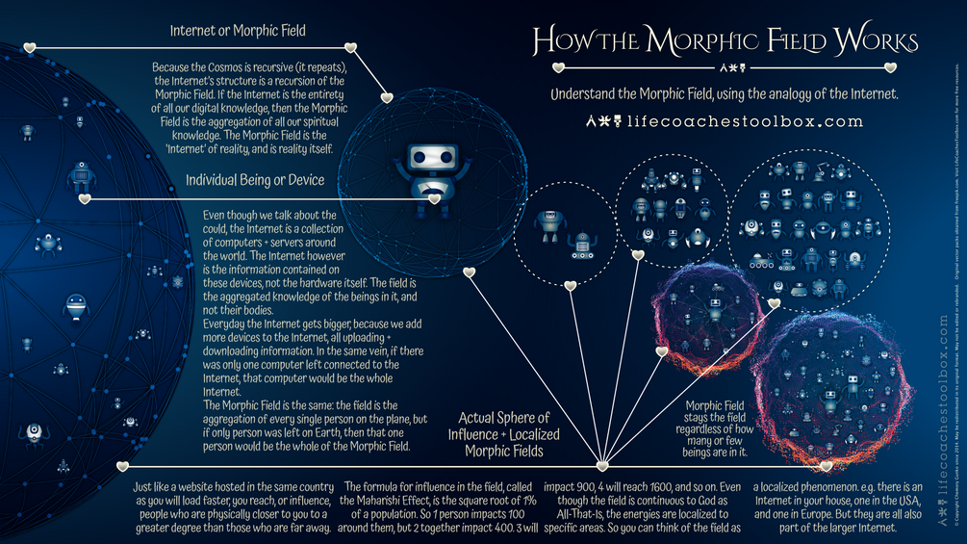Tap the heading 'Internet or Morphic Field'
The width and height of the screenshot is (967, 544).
click(x=238, y=31)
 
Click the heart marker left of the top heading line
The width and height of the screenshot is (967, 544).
click(x=29, y=47)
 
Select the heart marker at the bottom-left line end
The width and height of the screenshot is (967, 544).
click(x=122, y=466)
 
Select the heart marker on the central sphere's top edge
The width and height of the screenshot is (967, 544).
click(x=388, y=96)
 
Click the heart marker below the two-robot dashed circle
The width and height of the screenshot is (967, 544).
click(x=570, y=286)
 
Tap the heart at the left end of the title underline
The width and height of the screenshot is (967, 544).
click(x=556, y=67)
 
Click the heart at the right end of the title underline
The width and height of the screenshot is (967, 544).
click(x=890, y=67)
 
